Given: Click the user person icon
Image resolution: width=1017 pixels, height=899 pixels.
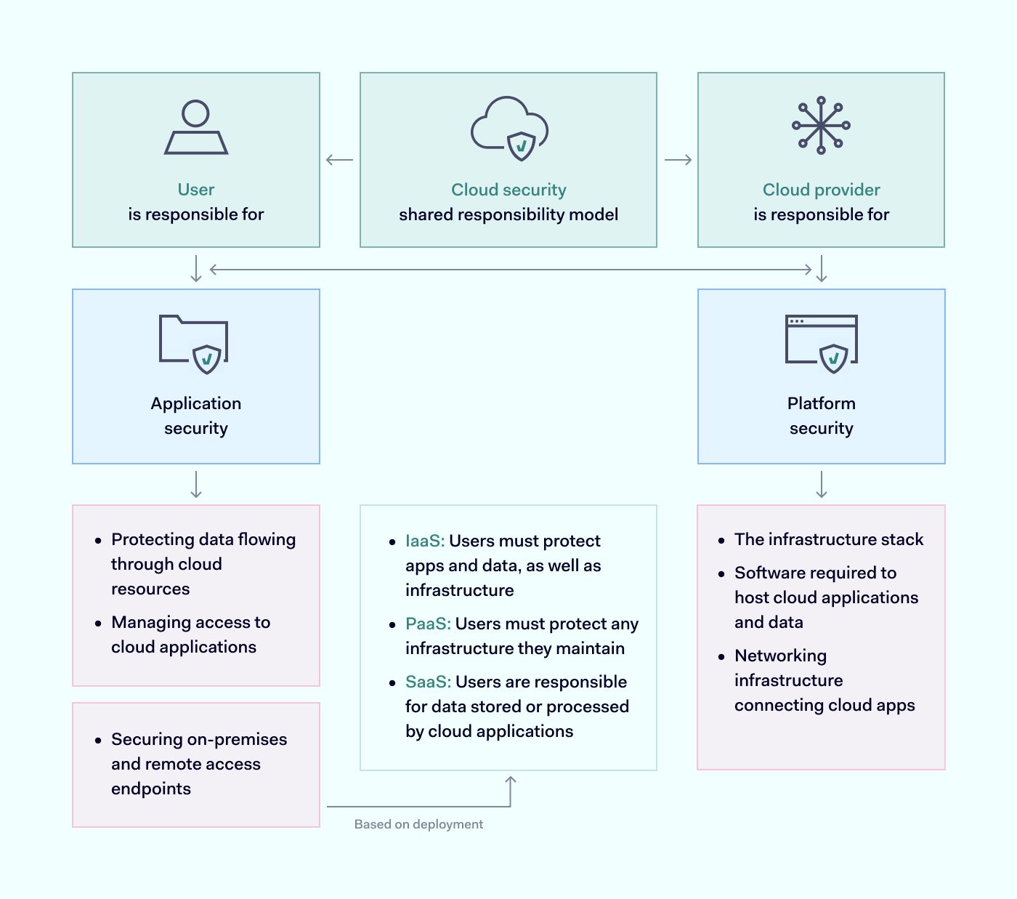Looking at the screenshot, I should click(196, 128).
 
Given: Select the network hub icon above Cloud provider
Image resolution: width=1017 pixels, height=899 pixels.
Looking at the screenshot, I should click(821, 126).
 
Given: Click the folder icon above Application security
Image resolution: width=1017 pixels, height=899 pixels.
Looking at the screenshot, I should click(194, 344).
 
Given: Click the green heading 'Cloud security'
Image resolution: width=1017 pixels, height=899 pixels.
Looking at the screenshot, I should click(508, 190).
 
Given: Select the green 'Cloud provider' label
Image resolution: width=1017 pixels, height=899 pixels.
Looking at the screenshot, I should click(821, 190).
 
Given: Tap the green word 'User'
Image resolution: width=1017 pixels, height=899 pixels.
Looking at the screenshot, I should click(196, 190).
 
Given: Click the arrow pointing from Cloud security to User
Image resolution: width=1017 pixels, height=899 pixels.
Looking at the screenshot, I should click(339, 160).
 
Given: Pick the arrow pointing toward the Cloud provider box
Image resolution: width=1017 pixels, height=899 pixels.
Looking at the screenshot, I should click(678, 160).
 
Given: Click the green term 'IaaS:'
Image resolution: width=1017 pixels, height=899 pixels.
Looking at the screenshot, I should click(425, 541).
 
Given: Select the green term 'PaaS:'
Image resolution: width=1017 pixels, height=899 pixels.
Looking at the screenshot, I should click(428, 624).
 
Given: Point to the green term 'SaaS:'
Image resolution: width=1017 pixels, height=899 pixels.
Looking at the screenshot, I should click(428, 682).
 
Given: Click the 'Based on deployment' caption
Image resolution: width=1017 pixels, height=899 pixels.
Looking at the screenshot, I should click(418, 824).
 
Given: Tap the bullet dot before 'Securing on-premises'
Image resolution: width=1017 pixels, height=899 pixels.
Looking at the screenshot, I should click(98, 740).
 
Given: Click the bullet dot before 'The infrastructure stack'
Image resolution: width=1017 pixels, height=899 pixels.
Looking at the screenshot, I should click(721, 540).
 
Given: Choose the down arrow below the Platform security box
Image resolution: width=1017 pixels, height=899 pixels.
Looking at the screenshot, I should click(822, 484).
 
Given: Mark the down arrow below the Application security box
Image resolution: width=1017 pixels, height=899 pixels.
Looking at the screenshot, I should click(196, 484).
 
